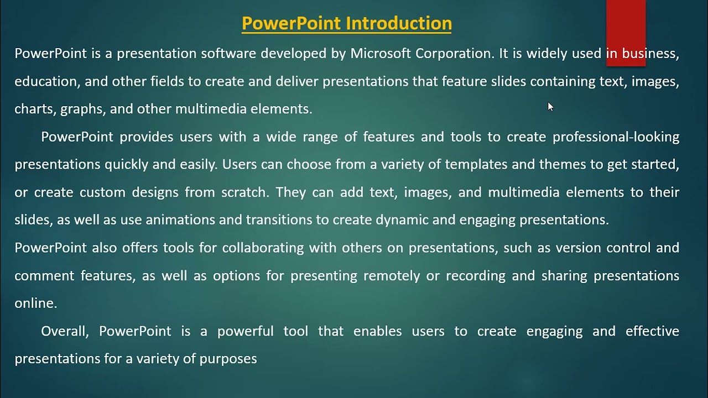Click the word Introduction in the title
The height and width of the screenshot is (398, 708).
coord(399,23)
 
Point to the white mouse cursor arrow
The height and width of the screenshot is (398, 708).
coord(550,107)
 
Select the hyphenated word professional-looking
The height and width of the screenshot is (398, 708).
coord(616,137)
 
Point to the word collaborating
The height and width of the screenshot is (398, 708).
coord(263,248)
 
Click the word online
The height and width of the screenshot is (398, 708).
coord(35,303)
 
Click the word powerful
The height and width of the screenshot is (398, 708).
coord(245,331)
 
